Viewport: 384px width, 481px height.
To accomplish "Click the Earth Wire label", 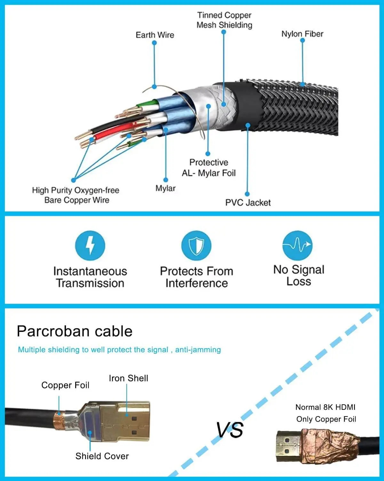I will pos(155,35).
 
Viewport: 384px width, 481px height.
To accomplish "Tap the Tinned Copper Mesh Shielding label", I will pos(224,20).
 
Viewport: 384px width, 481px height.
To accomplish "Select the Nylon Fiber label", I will pos(302,34).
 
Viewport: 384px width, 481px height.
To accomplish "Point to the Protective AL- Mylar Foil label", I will pos(209,168).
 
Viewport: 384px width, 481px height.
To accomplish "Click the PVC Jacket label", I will pos(248,203).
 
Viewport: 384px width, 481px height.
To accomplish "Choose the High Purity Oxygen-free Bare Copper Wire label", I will pos(76,195).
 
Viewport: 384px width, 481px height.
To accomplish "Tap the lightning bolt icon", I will pos(90,245).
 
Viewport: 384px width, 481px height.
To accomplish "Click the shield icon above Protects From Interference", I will pos(196,246).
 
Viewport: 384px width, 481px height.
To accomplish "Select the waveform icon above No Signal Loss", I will pos(297,245).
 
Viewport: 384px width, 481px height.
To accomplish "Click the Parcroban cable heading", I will pos(75,331).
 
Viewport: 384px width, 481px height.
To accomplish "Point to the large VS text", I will pos(229,430).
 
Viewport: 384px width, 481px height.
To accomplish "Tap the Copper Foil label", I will pos(65,385).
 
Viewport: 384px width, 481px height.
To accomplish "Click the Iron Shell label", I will pos(128,378).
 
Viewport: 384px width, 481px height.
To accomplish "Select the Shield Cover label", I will pos(102,456).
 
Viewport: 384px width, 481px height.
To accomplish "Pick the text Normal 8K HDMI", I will pos(325,407).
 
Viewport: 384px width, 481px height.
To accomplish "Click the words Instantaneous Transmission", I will pos(90,277).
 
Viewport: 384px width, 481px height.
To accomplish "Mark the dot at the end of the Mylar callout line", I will pos(166,180).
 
